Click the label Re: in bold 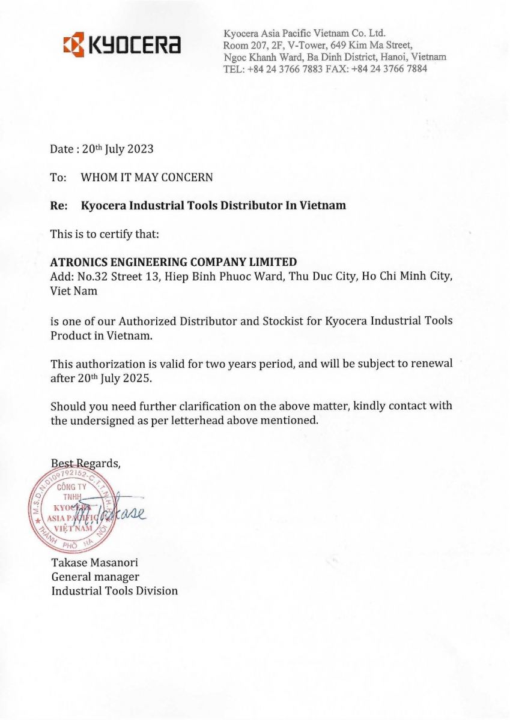pos(58,205)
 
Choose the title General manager pos(95,577)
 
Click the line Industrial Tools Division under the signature pos(114,591)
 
